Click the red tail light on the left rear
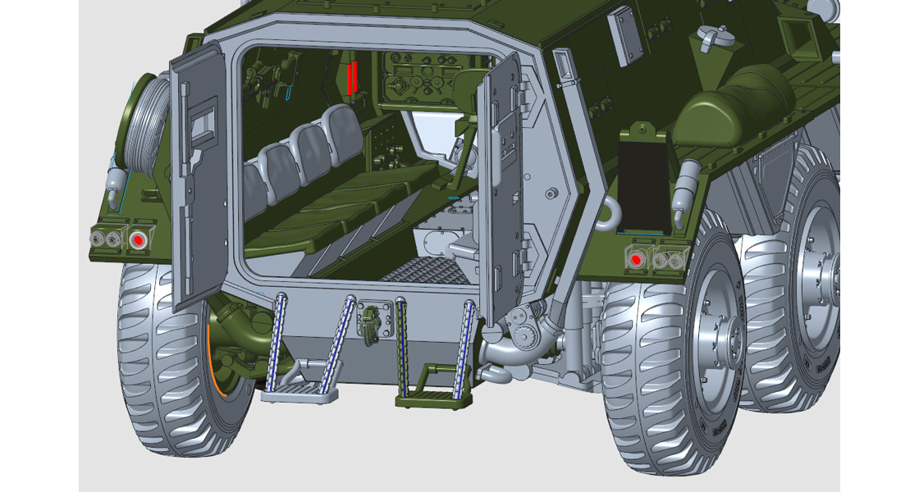click(x=138, y=240)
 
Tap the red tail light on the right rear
click(x=635, y=259)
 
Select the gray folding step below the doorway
click(x=299, y=394)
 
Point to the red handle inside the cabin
click(x=351, y=76)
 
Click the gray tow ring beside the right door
click(x=607, y=214)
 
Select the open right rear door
click(x=499, y=189)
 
